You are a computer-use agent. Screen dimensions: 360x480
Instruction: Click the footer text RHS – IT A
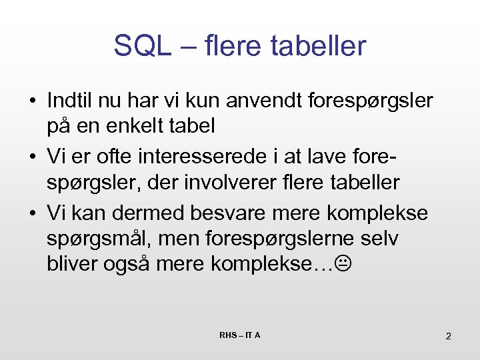tap(240, 335)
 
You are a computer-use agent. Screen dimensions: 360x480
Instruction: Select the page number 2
tap(448, 335)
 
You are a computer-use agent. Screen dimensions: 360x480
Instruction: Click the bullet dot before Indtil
tap(32, 101)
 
